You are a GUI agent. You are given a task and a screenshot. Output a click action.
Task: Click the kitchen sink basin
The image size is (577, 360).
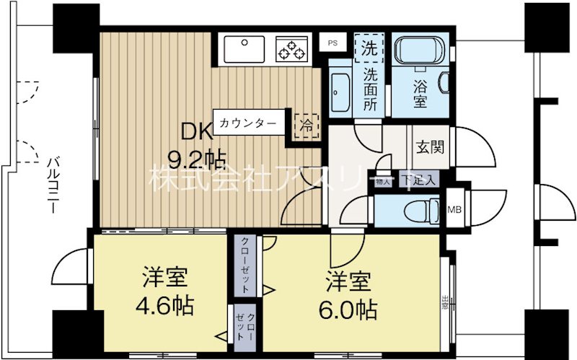click(x=245, y=49)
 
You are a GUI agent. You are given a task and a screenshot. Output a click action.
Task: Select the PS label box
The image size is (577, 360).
click(x=332, y=43)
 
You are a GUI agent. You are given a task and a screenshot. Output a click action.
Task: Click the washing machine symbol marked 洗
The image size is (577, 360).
click(x=369, y=50)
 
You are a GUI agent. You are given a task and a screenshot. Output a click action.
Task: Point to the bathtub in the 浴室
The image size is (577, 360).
click(x=419, y=53)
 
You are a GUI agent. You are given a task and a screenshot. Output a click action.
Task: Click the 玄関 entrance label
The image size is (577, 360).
click(x=429, y=146)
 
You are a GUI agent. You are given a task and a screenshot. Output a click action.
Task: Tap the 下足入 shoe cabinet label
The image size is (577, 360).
click(x=418, y=180)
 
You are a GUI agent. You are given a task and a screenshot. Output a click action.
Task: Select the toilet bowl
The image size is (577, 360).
click(x=418, y=211)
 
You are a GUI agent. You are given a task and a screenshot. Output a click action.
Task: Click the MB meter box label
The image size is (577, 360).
click(x=454, y=210)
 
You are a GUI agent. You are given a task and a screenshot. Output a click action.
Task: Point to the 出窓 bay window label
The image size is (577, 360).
click(x=446, y=302)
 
